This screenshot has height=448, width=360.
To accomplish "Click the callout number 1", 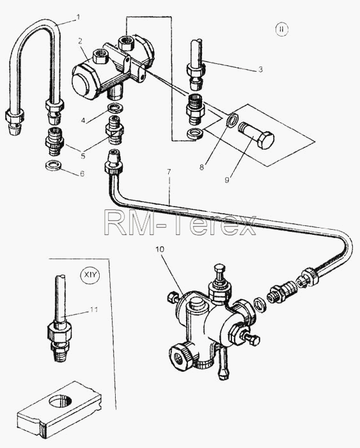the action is coord(78,17).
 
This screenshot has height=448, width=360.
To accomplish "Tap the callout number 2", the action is coord(80,41).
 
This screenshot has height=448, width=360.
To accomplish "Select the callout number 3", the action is coord(260,69).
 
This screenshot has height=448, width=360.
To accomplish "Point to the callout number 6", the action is coord(82,173).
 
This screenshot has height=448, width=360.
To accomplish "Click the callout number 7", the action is coord(169,172).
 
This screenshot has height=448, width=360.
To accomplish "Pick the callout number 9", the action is coord(226,180).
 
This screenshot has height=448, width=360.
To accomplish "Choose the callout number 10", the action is coord(160,249).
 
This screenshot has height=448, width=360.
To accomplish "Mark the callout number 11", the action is coord(94,309).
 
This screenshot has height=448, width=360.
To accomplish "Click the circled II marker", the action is coord(282,29).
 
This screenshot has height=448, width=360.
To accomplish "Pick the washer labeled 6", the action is coord(54,165).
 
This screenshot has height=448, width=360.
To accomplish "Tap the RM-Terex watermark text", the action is coord(180,221).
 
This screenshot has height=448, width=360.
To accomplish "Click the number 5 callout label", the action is coord(82,156).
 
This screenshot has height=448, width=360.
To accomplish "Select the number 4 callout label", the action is coord(83,120).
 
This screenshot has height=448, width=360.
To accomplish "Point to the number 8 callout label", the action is coord(201,168).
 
